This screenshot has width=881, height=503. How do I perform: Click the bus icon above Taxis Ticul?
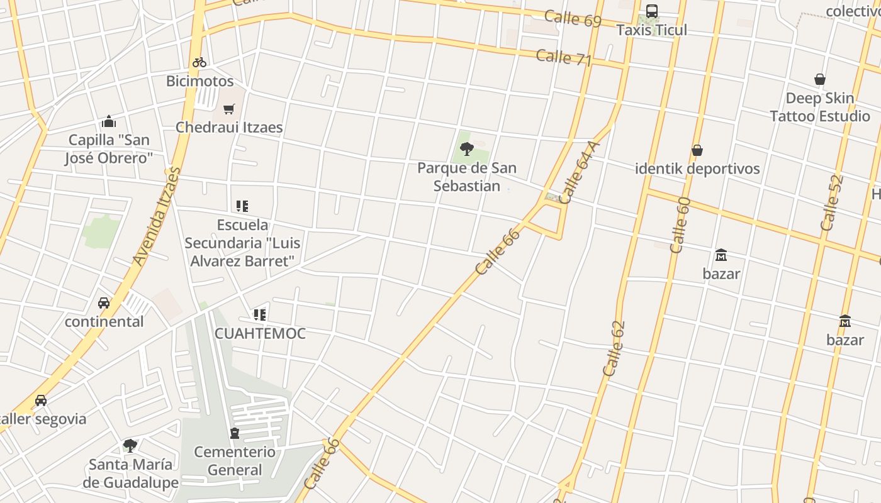point(652,11)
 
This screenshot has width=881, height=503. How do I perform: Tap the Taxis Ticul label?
point(652,30)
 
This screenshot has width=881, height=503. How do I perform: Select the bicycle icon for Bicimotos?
point(199,62)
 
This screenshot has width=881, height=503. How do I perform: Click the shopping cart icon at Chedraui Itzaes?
point(229,109)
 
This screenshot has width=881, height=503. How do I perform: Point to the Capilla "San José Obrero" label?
point(109,149)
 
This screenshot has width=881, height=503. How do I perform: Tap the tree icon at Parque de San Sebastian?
point(467,149)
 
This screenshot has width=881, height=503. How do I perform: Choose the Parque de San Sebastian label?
point(467,177)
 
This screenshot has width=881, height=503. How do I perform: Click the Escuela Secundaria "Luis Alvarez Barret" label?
point(242,243)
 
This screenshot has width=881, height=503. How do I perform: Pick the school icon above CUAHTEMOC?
point(260,314)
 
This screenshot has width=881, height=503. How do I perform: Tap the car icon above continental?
point(104,303)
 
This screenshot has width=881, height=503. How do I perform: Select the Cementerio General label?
point(235,461)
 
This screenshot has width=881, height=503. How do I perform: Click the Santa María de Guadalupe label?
point(130,473)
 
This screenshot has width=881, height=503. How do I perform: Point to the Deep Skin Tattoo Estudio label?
point(820,107)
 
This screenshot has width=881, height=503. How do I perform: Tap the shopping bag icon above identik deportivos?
point(697,150)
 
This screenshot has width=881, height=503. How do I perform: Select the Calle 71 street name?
point(564,58)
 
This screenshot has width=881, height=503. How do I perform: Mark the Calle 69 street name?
point(573,18)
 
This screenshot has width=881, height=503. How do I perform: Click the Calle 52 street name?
point(831,202)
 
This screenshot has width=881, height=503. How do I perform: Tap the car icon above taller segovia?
point(41,401)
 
